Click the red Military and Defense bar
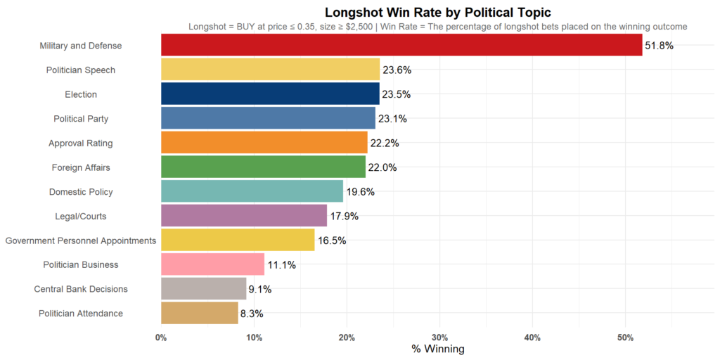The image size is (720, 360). pyautogui.click(x=401, y=45)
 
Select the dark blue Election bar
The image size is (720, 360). pyautogui.click(x=270, y=94)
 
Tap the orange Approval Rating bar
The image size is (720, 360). pyautogui.click(x=264, y=143)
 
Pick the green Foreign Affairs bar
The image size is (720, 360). pyautogui.click(x=263, y=167)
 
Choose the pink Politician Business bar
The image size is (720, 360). pyautogui.click(x=212, y=264)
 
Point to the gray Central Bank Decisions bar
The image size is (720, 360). pyautogui.click(x=203, y=289)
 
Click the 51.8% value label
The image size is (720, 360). pyautogui.click(x=660, y=46)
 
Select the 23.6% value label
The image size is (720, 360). pyautogui.click(x=397, y=70)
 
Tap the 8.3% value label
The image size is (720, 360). pyautogui.click(x=252, y=314)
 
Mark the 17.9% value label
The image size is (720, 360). pyautogui.click(x=344, y=216)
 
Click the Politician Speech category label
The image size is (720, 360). pyautogui.click(x=80, y=70)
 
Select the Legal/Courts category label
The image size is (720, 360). pyautogui.click(x=80, y=216)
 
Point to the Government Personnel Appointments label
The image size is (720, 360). pyautogui.click(x=80, y=240)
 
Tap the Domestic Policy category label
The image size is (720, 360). pyautogui.click(x=80, y=192)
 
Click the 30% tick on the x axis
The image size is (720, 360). pyautogui.click(x=439, y=337)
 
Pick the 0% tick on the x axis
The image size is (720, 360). pyautogui.click(x=161, y=337)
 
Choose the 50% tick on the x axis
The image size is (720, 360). pyautogui.click(x=625, y=337)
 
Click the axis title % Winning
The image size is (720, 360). pyautogui.click(x=437, y=349)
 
